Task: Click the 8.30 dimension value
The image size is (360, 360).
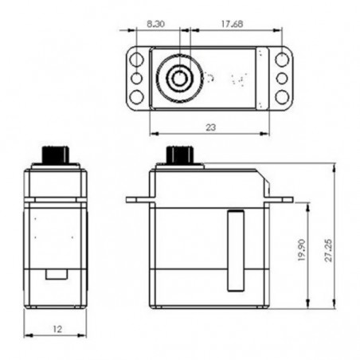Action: (x=156, y=25)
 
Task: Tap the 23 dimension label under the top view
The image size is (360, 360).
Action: (x=208, y=126)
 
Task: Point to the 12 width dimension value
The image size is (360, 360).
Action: (x=55, y=328)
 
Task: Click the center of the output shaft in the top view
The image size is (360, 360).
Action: (x=179, y=78)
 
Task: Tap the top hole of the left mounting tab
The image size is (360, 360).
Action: (x=137, y=60)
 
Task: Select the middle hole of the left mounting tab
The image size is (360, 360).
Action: (x=136, y=78)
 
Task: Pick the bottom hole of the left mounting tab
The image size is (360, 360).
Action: (x=137, y=96)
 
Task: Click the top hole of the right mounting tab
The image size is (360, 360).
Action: (x=282, y=60)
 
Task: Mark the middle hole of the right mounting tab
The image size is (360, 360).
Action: (x=282, y=78)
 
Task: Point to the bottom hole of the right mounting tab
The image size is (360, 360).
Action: (x=282, y=96)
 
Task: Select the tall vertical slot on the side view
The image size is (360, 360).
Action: (x=233, y=249)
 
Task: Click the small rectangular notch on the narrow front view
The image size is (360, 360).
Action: (x=55, y=274)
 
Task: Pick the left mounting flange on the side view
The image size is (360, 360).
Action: (x=139, y=199)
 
